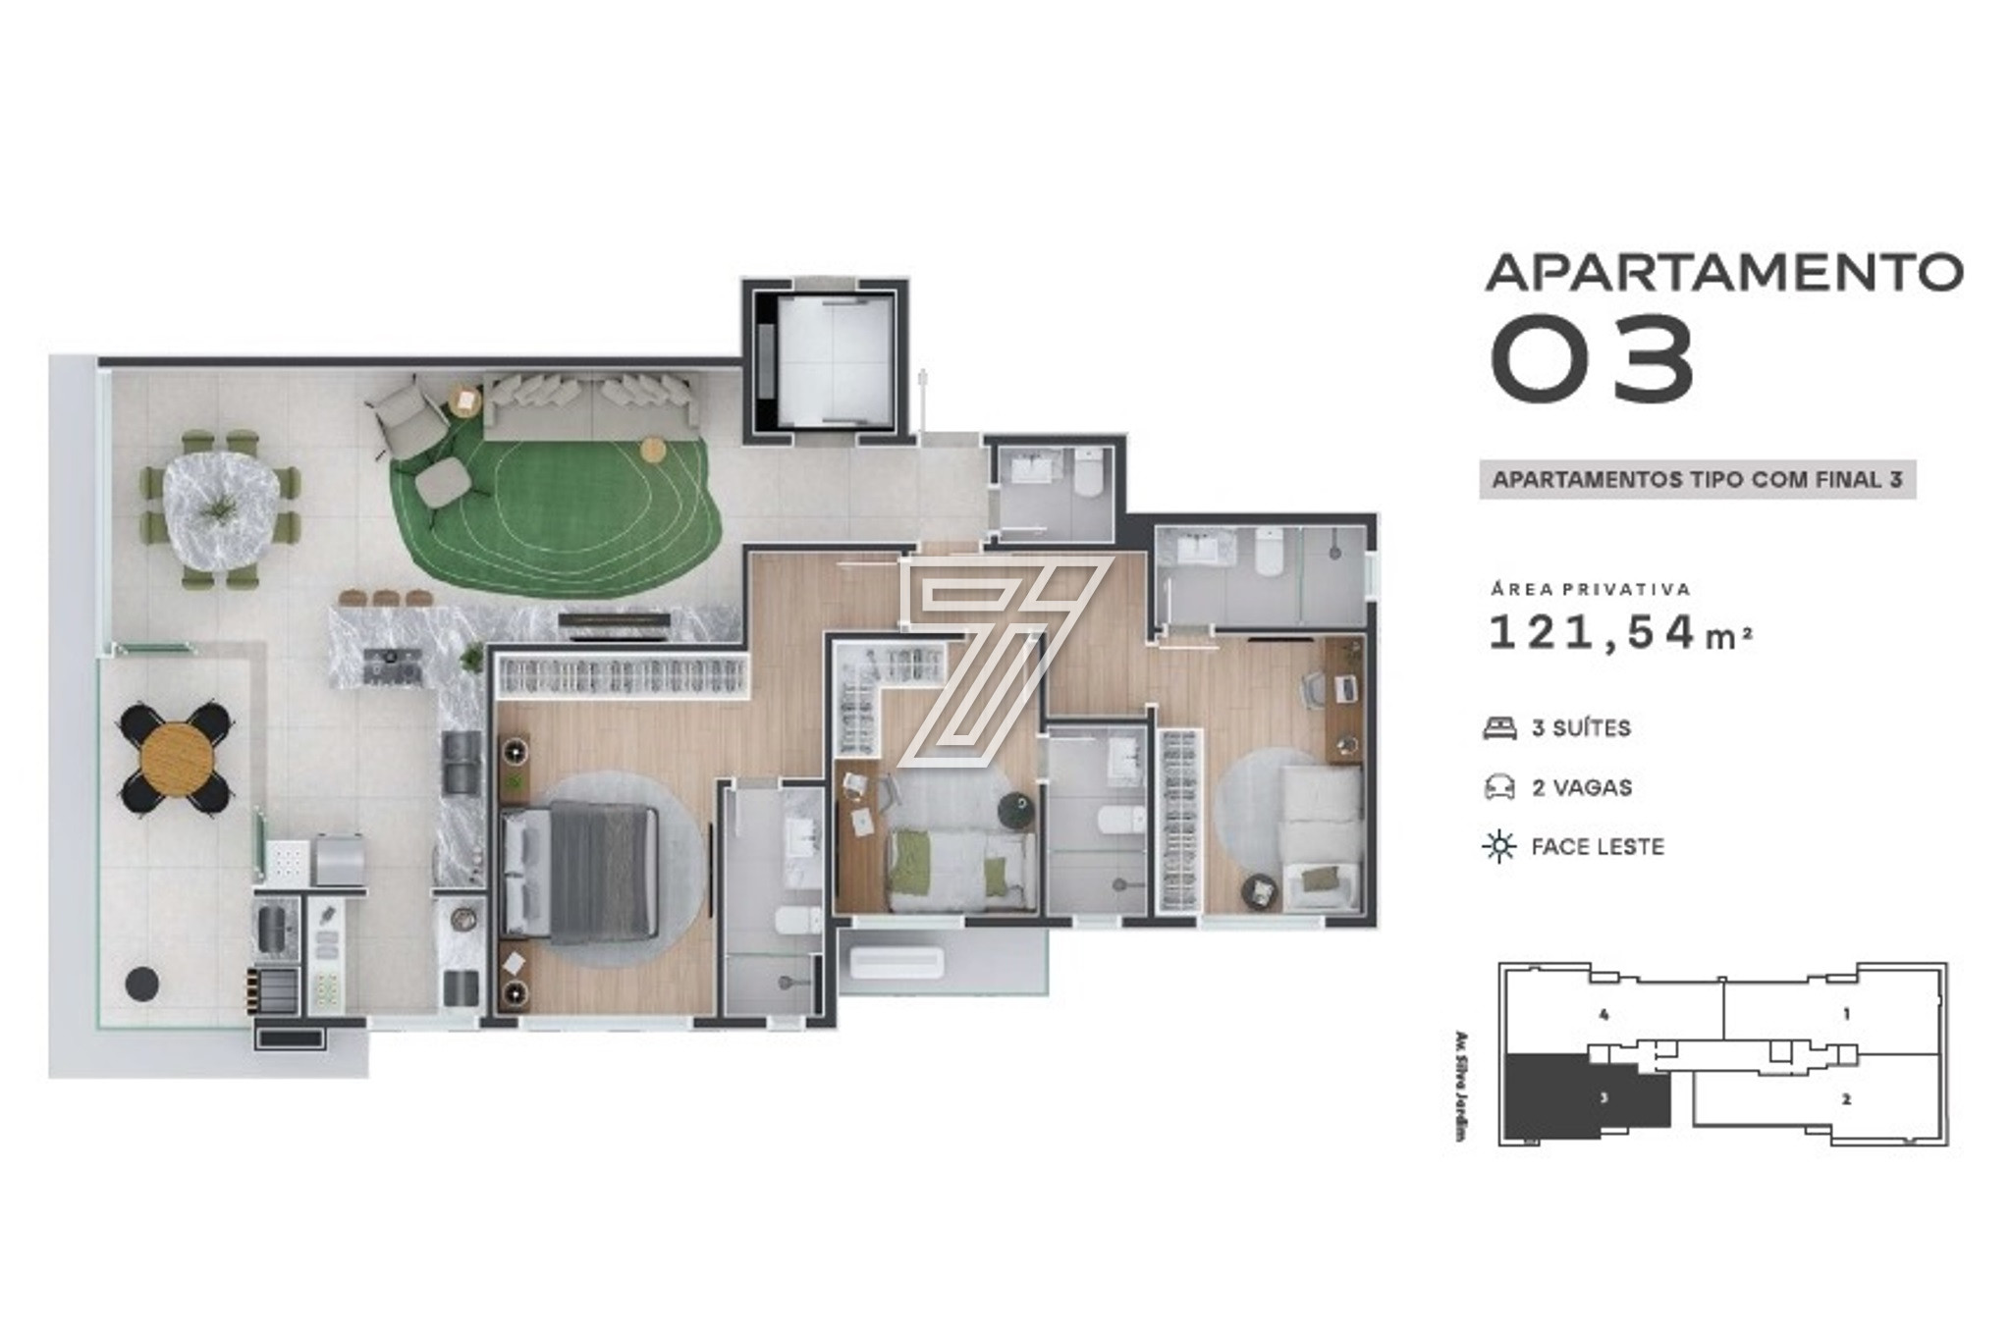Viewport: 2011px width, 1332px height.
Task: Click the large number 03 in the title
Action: pos(1593,359)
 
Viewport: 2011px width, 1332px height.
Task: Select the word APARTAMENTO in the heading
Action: pos(1724,272)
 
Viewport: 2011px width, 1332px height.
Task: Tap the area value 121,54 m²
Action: pos(1620,633)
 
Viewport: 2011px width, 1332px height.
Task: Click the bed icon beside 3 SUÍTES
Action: pos(1499,728)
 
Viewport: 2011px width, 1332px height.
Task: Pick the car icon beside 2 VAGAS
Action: pos(1499,787)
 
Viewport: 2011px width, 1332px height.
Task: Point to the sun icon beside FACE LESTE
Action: pos(1499,846)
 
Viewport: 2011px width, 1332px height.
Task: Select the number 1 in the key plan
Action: pos(1847,1014)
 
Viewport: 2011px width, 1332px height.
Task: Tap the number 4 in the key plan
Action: pos(1603,1014)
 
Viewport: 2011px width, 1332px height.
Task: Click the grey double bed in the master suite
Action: pos(579,868)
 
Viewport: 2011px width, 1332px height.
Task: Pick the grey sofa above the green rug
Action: pos(592,407)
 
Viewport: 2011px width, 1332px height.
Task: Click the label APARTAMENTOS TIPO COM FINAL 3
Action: pos(1698,480)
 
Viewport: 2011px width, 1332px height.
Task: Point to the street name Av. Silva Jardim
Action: pos(1460,1086)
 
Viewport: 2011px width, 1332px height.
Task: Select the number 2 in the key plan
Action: pos(1847,1099)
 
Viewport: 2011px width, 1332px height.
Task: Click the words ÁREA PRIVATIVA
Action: pos(1591,589)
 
